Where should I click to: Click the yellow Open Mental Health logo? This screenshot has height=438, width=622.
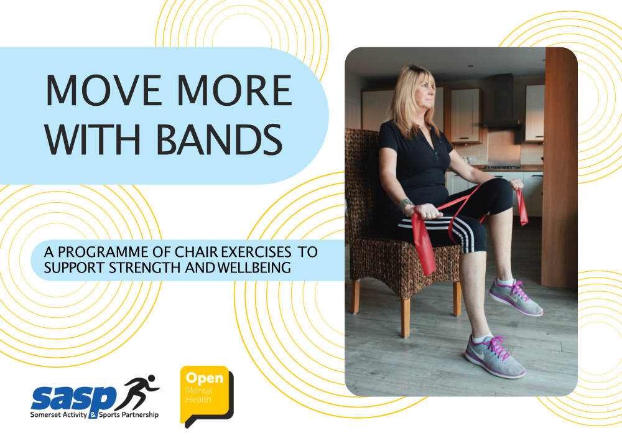pos(207,395)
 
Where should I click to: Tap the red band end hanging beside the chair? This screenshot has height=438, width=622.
pos(425,244)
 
